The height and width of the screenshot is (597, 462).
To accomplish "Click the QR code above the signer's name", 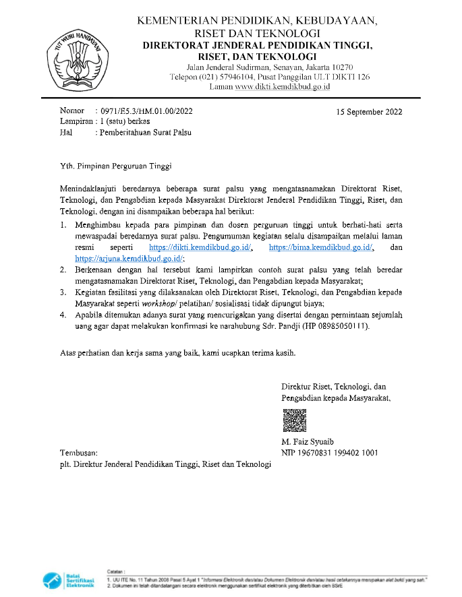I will (293, 420).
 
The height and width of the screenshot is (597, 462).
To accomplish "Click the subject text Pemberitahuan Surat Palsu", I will (145, 132).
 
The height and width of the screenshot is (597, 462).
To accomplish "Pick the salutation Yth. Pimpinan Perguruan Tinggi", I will (115, 164).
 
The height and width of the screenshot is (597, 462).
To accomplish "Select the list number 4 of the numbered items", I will (62, 315).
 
